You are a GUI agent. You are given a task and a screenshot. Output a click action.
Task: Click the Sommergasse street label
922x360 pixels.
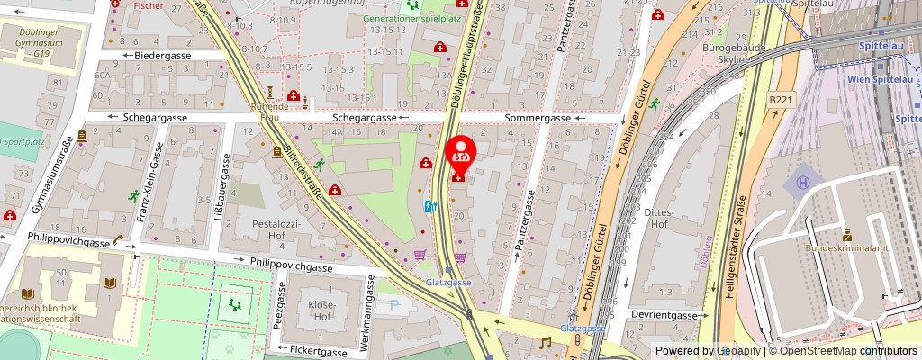[538, 118]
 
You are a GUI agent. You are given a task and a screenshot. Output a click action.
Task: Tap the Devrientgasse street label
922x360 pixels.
[665, 316]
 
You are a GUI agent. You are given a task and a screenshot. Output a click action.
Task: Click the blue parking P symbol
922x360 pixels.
[394, 305]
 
